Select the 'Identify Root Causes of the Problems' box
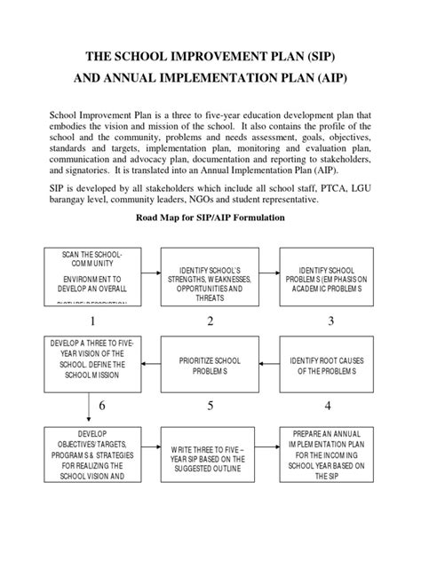324,364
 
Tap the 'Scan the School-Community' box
88,276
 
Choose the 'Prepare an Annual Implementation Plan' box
324,455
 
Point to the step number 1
88,320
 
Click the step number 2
210,320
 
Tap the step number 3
330,320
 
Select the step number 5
210,406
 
